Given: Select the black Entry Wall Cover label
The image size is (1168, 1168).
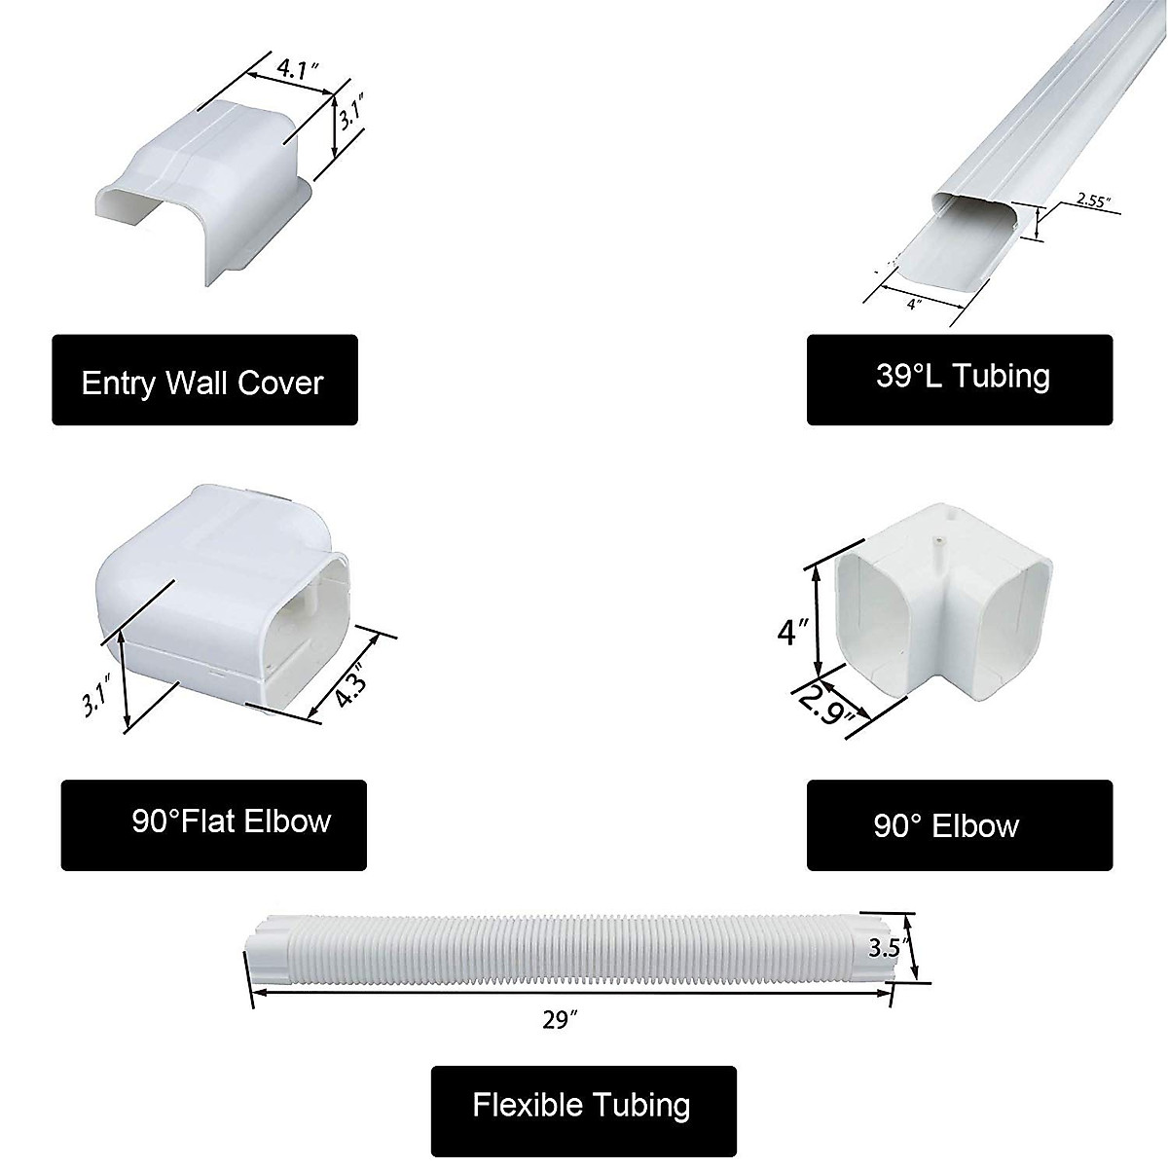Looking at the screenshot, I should (x=204, y=381).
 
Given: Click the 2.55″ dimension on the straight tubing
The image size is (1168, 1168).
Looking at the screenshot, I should (x=1092, y=201).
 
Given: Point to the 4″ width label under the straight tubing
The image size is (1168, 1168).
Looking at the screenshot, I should (x=912, y=305).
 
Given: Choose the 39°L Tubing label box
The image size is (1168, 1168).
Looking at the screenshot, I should (x=959, y=379).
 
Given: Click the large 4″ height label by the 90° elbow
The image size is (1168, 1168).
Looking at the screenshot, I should (x=790, y=633).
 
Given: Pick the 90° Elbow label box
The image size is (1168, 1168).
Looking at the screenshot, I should (x=959, y=825).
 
